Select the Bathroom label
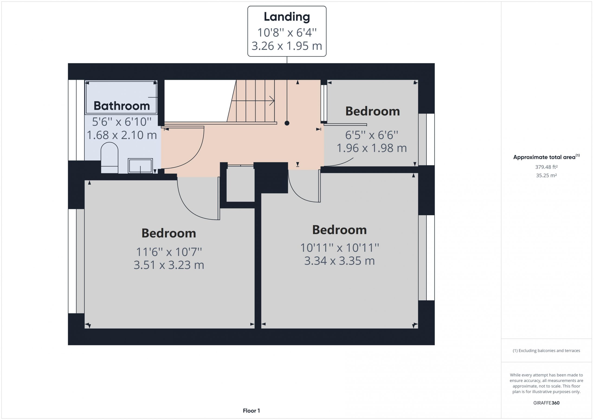coord(122,106)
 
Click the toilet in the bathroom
coord(110,157)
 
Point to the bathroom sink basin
coord(140,166)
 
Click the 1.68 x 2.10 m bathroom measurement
coord(122,135)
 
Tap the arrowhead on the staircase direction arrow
coord(272,101)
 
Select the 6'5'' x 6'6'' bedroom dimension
coord(371,135)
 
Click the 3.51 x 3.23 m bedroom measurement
coord(169,265)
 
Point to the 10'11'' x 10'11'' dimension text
coord(339,248)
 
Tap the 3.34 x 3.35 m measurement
coord(339,261)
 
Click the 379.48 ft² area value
coord(546,167)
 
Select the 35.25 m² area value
coord(546,175)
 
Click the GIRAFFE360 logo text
coord(546,403)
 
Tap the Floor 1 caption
coord(251,410)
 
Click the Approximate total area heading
coord(546,157)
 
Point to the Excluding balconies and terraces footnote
coord(546,350)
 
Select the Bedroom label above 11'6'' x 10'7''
coord(169,233)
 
